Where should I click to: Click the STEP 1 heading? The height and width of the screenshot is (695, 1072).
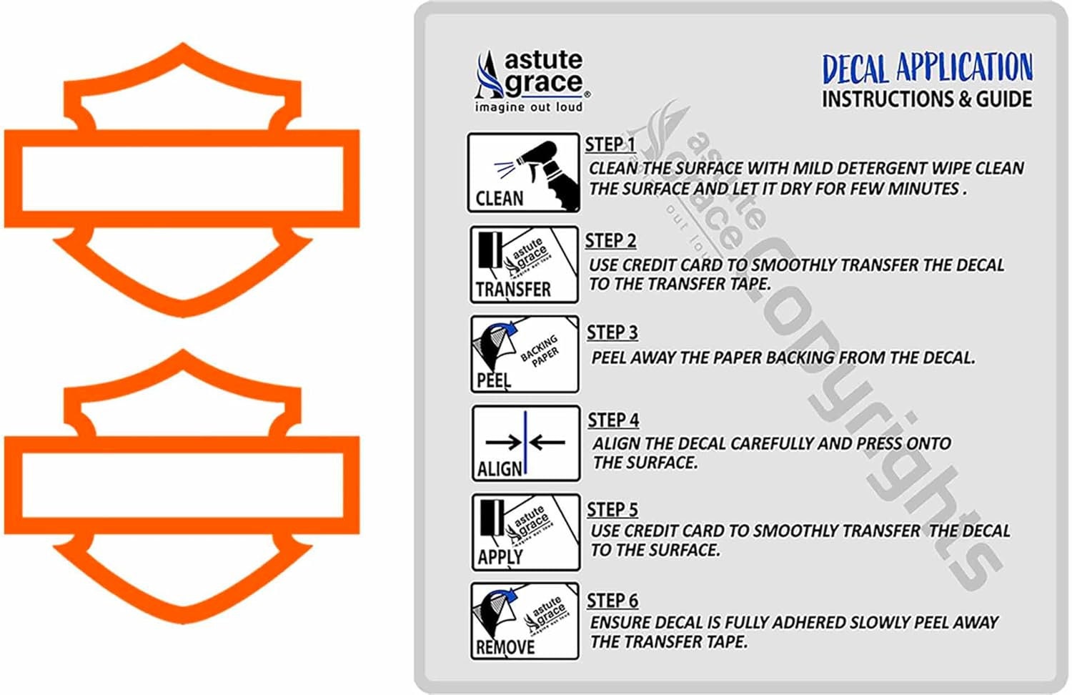(610, 144)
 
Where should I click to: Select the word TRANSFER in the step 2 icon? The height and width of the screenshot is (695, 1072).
(513, 290)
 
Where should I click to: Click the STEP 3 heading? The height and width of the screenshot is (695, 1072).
(612, 332)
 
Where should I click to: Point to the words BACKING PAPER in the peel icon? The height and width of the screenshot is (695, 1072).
(540, 348)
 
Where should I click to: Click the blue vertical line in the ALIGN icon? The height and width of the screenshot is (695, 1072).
(525, 443)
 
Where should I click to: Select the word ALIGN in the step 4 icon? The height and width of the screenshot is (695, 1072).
(500, 469)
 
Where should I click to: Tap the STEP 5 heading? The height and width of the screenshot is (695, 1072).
(612, 509)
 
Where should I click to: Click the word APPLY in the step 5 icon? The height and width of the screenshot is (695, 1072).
(500, 556)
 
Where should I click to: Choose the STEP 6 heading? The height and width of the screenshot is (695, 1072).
(612, 601)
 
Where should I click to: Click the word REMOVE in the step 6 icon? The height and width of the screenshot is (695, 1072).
(505, 647)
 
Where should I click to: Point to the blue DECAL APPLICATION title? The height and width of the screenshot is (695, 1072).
(927, 69)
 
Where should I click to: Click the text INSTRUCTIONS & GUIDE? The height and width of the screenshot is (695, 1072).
(926, 99)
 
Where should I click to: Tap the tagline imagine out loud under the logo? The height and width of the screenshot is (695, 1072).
(528, 107)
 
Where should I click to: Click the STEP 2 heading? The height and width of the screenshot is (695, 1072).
(610, 241)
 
